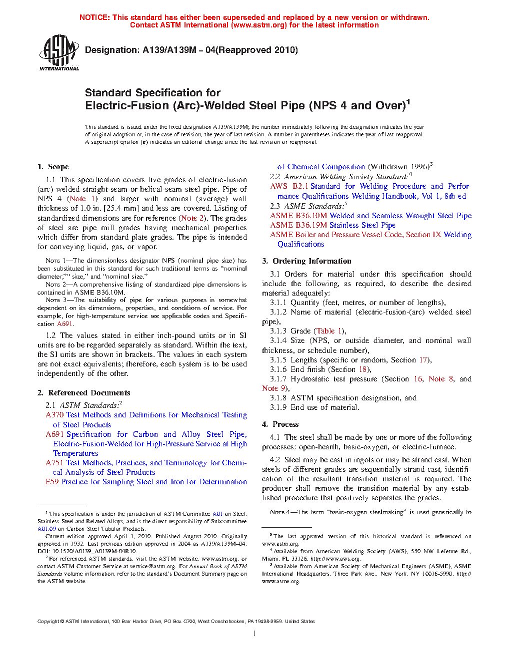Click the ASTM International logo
[58, 52]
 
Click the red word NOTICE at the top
[94, 17]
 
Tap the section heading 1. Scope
[53, 167]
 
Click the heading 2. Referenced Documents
[84, 393]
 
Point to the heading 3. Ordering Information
[306, 261]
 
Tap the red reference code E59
[52, 482]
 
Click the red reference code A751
[54, 463]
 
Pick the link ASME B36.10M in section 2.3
[298, 216]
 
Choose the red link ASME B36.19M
[298, 225]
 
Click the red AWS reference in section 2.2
[278, 186]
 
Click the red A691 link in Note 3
[64, 324]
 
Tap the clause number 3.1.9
[278, 407]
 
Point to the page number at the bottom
[254, 634]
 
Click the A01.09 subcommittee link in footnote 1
[46, 529]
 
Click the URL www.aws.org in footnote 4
[341, 559]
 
